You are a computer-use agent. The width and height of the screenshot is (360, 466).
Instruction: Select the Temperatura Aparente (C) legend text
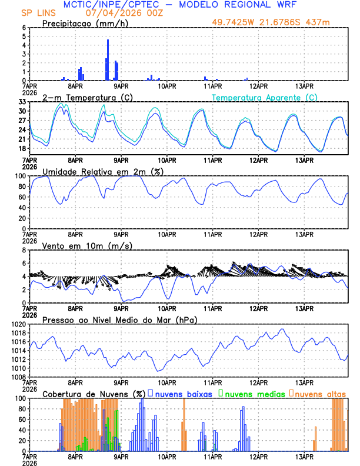coord(265,98)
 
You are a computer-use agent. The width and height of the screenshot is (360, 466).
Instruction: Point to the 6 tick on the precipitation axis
coord(24,28)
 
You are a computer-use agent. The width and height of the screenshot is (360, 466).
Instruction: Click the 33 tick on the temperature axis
coord(22,102)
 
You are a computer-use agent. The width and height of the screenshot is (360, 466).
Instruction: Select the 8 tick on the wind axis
coord(24,250)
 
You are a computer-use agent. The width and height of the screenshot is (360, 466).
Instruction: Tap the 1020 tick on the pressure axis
coord(18,324)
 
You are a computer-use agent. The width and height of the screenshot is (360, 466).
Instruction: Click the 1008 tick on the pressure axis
coord(18,377)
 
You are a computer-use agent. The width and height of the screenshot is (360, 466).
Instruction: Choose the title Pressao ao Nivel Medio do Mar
coord(119,319)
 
